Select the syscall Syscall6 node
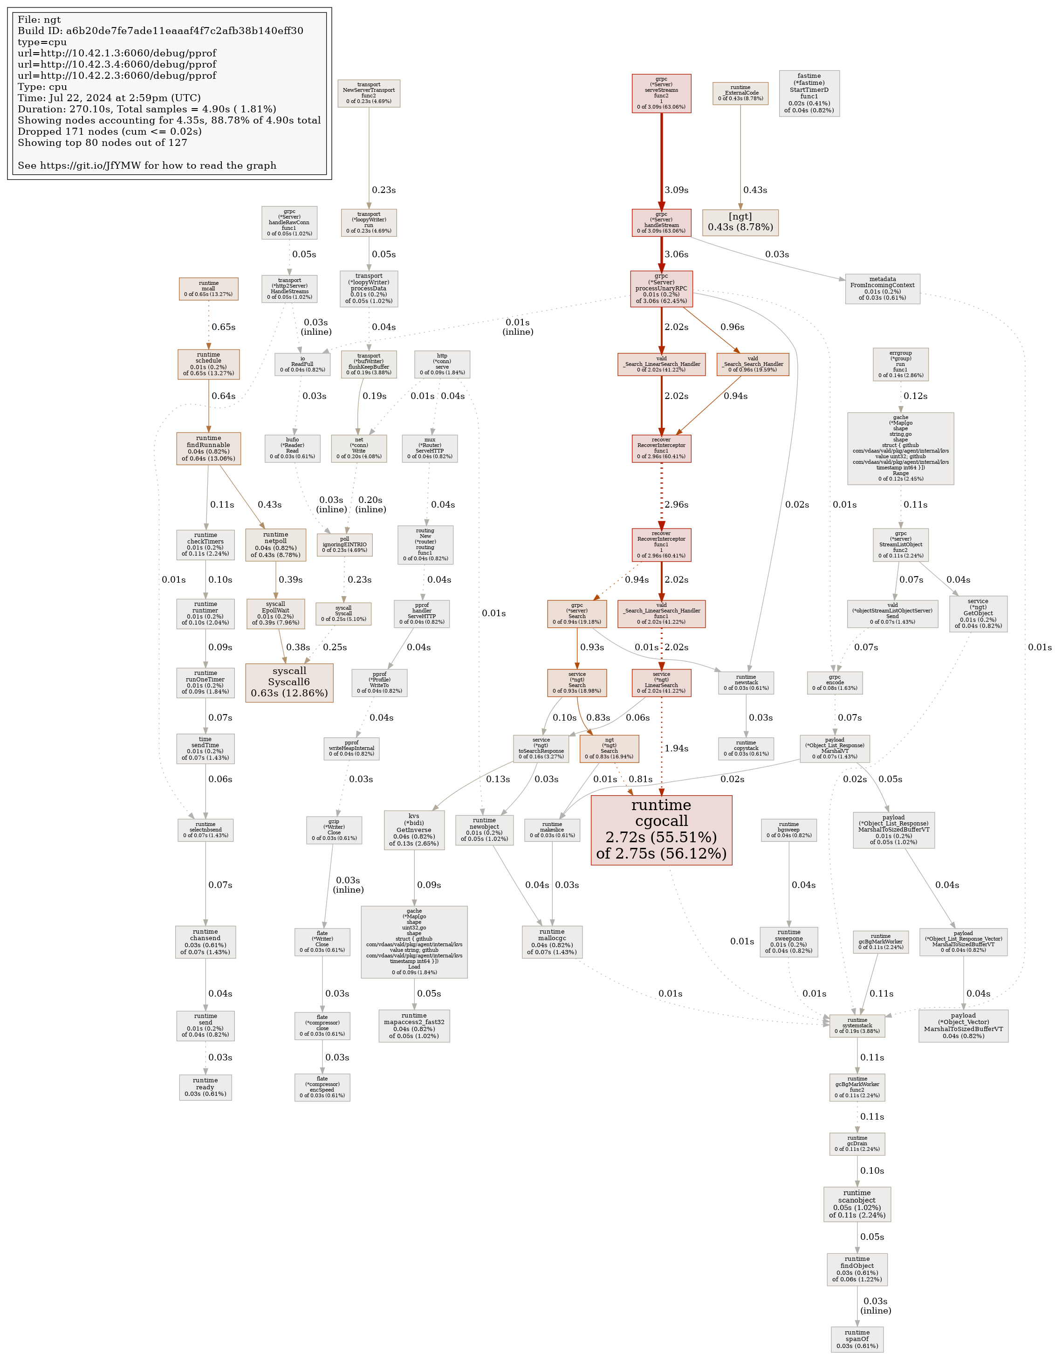289,682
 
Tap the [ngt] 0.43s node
740,222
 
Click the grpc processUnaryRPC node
661,289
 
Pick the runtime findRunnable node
208,448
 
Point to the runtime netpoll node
275,544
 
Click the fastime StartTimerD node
809,93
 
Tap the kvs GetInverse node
414,830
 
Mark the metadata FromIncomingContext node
882,289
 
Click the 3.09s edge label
676,190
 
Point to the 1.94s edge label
676,748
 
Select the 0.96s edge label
732,327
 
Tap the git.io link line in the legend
147,165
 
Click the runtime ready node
206,1087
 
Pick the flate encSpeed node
322,1087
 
